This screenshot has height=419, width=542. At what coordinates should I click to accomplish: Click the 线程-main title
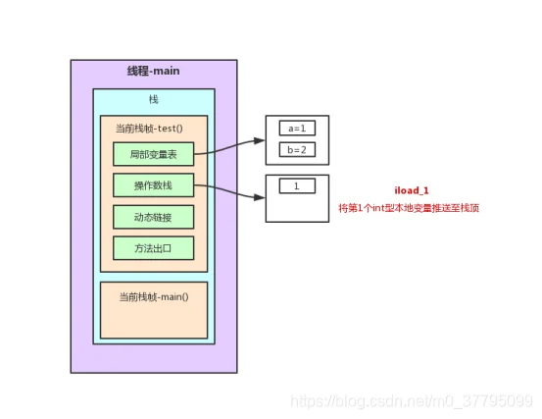[154, 71]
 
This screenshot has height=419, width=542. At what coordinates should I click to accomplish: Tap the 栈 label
[154, 100]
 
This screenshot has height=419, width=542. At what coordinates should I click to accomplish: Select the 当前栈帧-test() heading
[149, 129]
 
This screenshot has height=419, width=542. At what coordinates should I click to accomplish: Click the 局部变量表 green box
[154, 154]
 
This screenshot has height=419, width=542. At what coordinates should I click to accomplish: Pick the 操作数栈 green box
[154, 185]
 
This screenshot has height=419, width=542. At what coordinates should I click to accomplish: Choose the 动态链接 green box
[154, 217]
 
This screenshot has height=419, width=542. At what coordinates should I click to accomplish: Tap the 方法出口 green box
[154, 248]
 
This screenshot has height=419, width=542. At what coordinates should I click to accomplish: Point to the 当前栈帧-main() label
[154, 297]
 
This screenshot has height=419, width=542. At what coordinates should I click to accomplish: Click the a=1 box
[297, 129]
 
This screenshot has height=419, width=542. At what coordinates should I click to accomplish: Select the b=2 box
[297, 150]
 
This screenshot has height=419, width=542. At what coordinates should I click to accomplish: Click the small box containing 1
[297, 186]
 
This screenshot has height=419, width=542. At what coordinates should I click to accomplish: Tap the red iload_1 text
[412, 190]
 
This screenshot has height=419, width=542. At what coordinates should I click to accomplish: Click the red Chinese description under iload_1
[409, 208]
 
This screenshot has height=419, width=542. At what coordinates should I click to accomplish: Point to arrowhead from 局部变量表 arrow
[260, 140]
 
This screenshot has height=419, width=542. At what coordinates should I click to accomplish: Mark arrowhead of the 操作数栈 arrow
[260, 197]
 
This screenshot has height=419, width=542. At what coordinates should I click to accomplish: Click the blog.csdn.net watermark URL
[412, 401]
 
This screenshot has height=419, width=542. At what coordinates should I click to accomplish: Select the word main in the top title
[167, 71]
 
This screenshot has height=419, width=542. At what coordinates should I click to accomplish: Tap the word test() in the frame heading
[171, 129]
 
